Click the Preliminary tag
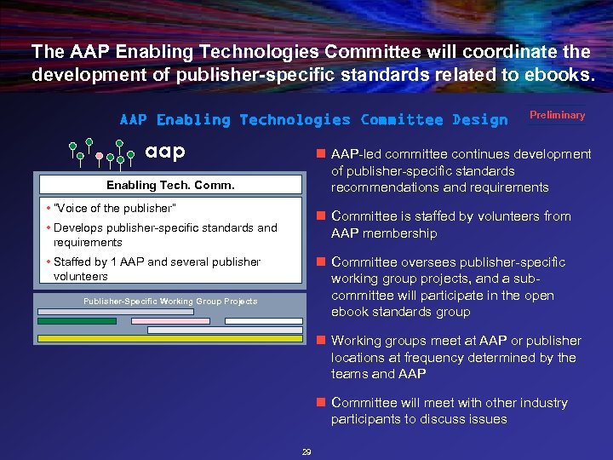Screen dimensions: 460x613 tap(558, 116)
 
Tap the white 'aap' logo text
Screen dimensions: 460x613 tap(165, 151)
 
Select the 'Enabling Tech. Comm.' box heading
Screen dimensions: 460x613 tap(170, 185)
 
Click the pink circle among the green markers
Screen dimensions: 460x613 tap(100, 156)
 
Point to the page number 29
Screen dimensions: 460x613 tap(306, 451)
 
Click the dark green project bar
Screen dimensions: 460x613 tap(77, 321)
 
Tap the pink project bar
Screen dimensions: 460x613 tap(170, 321)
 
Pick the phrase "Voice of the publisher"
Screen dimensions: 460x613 tap(114, 209)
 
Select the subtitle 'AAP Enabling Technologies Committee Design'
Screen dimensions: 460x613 tap(313, 120)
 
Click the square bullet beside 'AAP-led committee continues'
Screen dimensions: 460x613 tap(320, 154)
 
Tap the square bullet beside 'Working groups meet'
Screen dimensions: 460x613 tap(320, 341)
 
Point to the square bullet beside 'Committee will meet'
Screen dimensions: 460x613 tap(320, 403)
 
